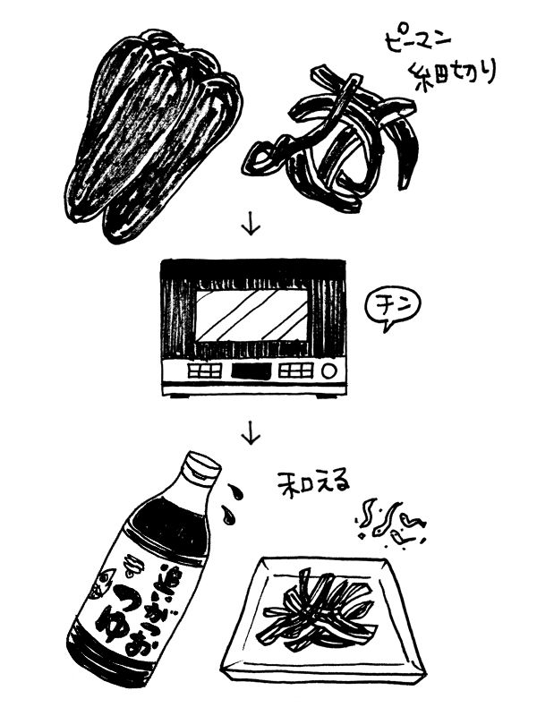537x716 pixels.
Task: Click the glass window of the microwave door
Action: click(x=251, y=317)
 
